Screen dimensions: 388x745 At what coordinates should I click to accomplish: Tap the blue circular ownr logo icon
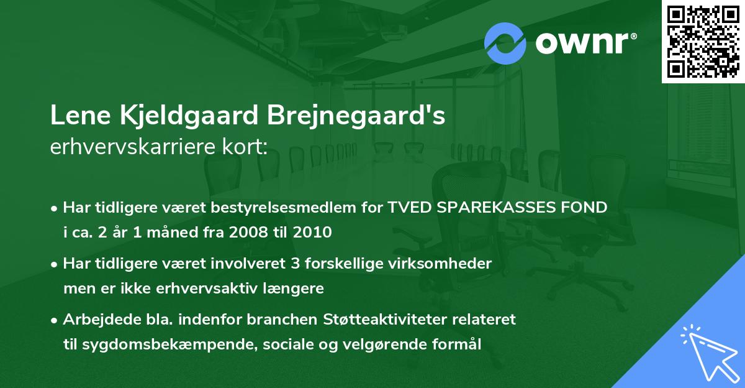[505, 43]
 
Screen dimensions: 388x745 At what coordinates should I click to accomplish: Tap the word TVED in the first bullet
[409, 208]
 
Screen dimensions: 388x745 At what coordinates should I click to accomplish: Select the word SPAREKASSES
[502, 208]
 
